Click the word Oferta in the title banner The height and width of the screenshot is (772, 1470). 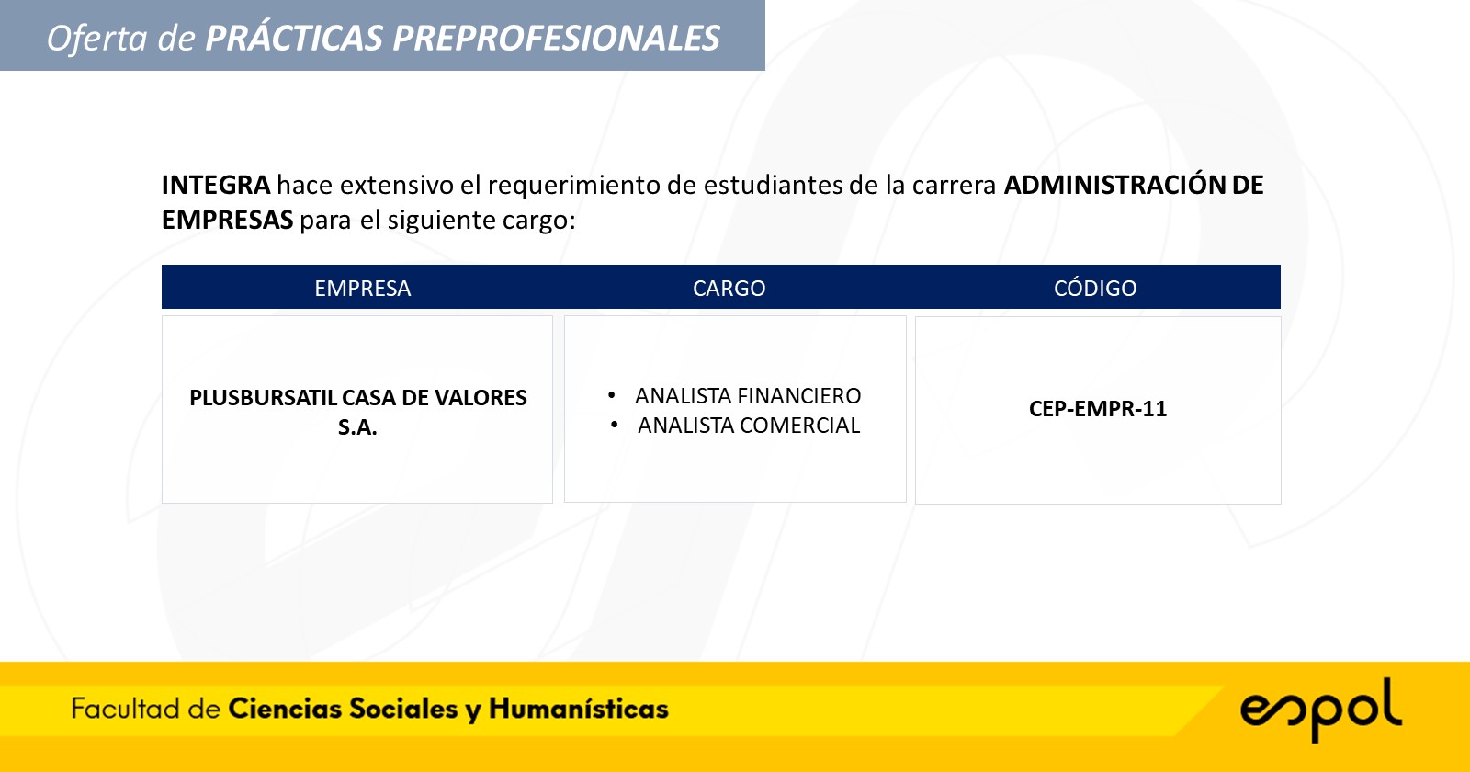[96, 38]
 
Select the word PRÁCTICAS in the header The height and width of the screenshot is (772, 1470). [294, 37]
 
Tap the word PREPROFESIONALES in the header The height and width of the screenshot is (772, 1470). [556, 38]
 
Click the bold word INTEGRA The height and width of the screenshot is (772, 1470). [216, 185]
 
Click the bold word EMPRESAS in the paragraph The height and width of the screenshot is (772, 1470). [227, 220]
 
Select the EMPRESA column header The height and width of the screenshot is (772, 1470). [362, 289]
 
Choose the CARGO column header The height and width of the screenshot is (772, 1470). [729, 289]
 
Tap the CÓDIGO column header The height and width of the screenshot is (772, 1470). [1095, 288]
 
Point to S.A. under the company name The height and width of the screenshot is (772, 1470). [357, 427]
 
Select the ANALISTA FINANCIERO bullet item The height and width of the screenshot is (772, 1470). [748, 396]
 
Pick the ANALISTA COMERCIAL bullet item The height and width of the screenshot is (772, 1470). [749, 426]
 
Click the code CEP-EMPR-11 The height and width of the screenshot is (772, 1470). [1098, 409]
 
